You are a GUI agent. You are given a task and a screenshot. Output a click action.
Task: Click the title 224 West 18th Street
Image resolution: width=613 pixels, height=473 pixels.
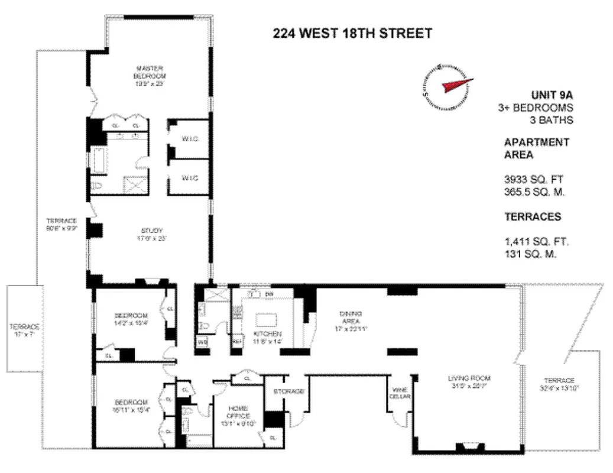point(352,33)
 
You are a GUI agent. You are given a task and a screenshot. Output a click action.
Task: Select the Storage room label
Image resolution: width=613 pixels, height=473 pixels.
point(289,391)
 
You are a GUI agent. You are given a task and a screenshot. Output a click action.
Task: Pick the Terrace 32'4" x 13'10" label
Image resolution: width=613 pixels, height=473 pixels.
point(557,384)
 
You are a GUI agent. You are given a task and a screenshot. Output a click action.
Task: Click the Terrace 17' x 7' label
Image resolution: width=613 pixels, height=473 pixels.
point(24,330)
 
